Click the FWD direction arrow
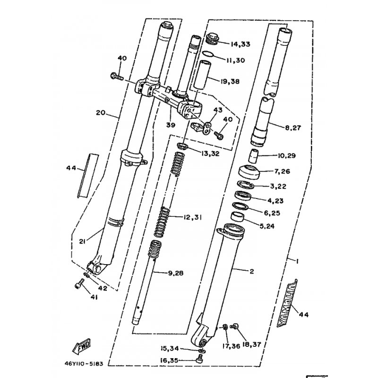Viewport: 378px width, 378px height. coord(82,346)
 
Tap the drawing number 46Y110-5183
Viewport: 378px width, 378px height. coord(84,363)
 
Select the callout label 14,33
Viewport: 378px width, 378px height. coord(241,44)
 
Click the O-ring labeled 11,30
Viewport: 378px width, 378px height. coord(207,54)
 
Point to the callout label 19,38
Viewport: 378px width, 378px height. coord(230,81)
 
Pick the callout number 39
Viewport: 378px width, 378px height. coord(171,125)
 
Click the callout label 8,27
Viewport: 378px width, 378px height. coord(293,128)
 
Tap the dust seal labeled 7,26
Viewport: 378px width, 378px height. coord(249,172)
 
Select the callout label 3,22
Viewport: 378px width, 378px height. coord(278,186)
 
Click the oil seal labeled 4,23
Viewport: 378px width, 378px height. coord(243,195)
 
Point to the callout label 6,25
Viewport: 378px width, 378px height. coord(272,213)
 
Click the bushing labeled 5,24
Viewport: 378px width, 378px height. coord(238,216)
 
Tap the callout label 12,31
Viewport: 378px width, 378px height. coord(192,217)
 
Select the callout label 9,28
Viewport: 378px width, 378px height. coord(175,273)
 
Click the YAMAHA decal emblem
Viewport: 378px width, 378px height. coord(287,303)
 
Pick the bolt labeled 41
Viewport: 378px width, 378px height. coord(79,283)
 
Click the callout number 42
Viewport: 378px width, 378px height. coord(103,288)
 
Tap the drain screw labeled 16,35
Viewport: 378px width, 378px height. coord(200,358)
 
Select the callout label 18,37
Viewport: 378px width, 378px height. coord(251,344)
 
